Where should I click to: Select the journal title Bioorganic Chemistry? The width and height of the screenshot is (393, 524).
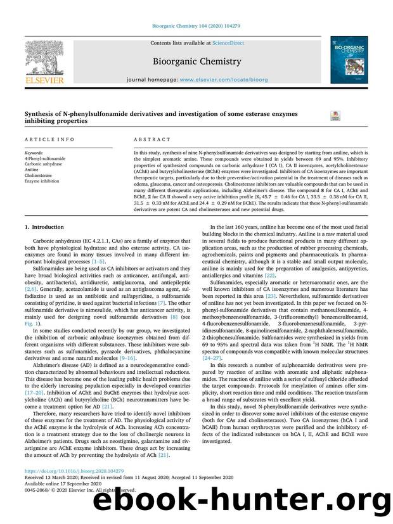196,61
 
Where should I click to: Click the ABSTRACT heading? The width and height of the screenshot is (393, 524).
152,139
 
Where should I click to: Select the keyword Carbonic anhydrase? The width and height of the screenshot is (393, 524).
44,164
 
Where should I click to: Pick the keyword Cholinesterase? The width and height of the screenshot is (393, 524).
39,175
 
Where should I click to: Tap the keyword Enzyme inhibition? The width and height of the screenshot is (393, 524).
42,181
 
